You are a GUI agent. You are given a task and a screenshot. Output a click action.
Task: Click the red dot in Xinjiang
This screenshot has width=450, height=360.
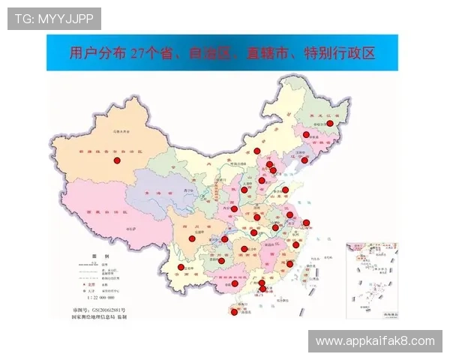click(117, 160)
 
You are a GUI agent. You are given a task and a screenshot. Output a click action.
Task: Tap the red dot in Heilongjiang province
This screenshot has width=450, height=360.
click(329, 123)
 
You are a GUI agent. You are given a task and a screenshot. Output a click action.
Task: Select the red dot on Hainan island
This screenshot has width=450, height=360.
click(234, 312)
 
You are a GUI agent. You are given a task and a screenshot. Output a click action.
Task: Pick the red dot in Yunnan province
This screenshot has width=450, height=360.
click(181, 267)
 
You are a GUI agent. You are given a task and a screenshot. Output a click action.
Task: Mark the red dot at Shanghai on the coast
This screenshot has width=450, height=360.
click(306, 223)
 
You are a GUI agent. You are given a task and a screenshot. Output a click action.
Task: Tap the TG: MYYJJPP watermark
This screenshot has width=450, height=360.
click(54, 18)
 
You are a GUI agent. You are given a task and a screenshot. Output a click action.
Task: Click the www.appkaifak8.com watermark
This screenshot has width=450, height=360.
click(375, 341)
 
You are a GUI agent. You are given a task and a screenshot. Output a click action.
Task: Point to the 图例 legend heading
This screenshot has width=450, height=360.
click(95, 256)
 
